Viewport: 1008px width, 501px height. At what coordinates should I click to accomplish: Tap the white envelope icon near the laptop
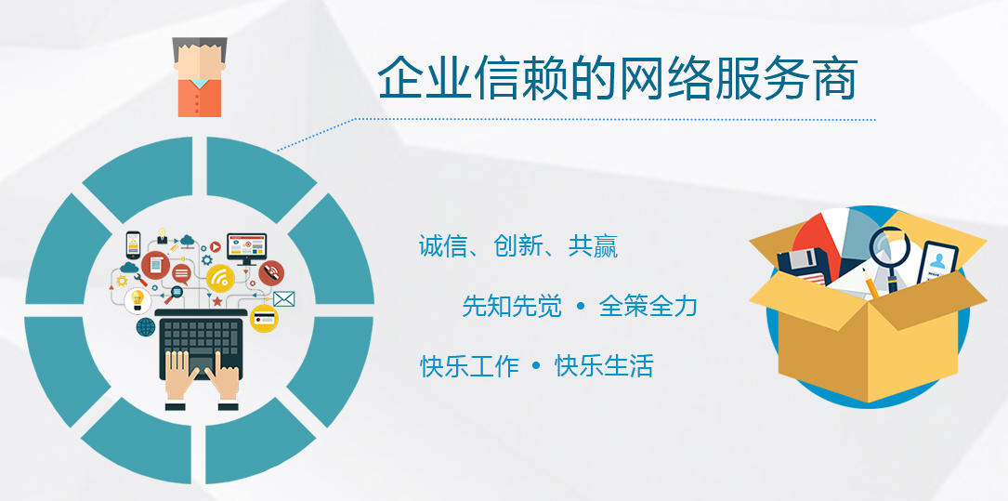point(284,298)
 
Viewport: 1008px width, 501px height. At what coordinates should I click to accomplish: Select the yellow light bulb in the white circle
point(137,300)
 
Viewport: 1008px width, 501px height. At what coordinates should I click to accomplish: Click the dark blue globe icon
point(145,326)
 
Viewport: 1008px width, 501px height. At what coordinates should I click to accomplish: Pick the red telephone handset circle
point(270,272)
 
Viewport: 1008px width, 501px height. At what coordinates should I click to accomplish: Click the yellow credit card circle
point(264,318)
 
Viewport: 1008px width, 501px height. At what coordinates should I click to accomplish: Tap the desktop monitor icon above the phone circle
point(246,248)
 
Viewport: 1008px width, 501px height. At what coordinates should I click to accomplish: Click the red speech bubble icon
point(182,274)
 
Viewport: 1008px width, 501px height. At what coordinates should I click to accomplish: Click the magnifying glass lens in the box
point(890,245)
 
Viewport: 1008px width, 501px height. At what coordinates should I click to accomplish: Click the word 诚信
point(443,245)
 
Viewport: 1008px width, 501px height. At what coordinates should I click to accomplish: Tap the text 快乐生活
point(604,366)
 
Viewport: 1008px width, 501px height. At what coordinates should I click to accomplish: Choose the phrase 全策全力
point(648,306)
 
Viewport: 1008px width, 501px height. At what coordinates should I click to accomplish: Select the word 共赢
point(593,245)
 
